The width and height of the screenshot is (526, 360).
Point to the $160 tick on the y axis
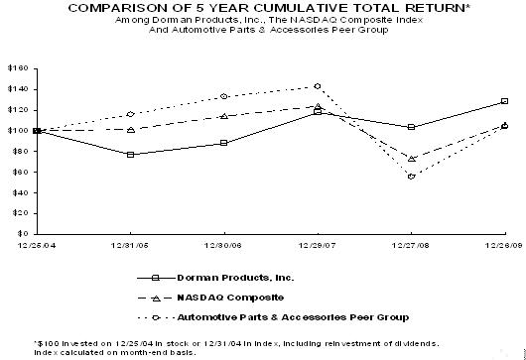(x=19, y=68)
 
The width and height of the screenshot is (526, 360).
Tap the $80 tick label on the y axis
(x=21, y=151)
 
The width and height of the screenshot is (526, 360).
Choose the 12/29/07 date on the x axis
(x=317, y=244)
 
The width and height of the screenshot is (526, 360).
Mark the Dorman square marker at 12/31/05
(x=130, y=155)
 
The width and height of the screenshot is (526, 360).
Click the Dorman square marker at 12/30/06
(x=223, y=143)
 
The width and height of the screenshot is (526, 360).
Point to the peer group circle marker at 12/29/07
(x=317, y=86)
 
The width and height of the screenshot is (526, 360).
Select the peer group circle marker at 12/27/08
(x=411, y=177)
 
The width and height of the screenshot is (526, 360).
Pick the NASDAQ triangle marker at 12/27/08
(x=411, y=159)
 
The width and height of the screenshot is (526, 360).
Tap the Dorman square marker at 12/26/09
(x=504, y=101)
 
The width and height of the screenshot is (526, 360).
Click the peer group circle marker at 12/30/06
(x=223, y=96)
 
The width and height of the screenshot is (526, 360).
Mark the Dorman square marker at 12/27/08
(x=411, y=127)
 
